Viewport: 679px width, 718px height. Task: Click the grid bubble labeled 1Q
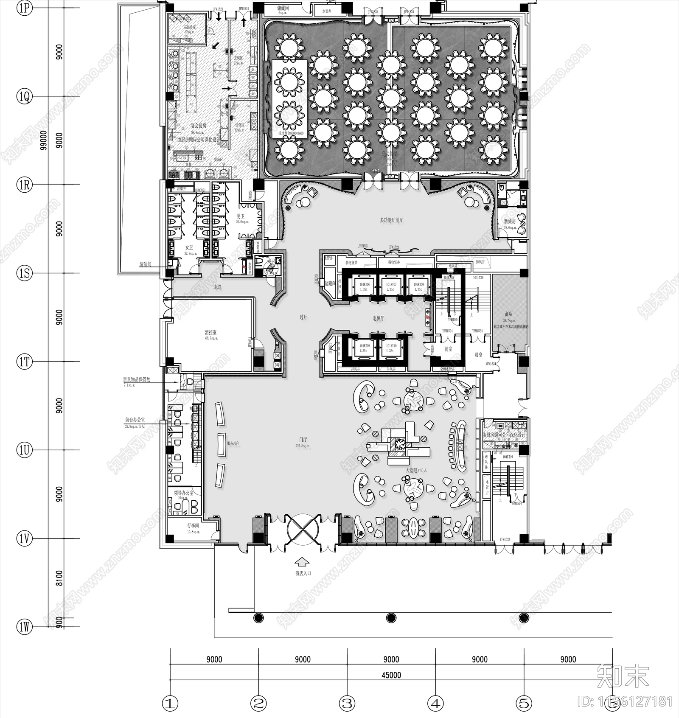coord(25,97)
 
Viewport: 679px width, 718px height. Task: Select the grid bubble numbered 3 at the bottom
coord(347,704)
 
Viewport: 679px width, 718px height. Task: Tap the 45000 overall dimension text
coord(391,675)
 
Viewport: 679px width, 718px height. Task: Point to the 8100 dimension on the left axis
coord(59,578)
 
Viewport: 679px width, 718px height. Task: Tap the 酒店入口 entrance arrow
coord(302,562)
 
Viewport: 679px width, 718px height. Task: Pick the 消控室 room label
coord(210,332)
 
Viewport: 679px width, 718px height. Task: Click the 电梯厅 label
coord(378,318)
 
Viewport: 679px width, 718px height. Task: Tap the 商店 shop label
coord(509,314)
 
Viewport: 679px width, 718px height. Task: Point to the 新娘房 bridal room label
coord(509,221)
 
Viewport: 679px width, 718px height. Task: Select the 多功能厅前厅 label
coord(391,220)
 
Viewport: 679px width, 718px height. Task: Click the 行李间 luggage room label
coord(193,525)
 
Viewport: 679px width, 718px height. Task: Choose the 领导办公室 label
coord(184,493)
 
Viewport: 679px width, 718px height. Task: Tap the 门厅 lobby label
coord(303,440)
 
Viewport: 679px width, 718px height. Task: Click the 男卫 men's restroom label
coord(241,216)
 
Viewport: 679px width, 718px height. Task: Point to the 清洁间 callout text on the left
coord(145,264)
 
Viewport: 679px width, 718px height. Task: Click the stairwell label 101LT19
coord(508,457)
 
